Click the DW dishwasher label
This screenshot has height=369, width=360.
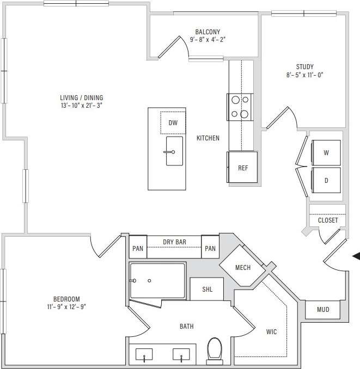[173, 123]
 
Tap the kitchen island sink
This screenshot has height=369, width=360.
[174, 152]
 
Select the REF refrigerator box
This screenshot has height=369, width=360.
[243, 168]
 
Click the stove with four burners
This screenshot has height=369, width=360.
[240, 107]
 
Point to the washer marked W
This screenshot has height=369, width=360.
[326, 153]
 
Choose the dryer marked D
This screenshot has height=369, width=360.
[326, 181]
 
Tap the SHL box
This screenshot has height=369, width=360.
[208, 289]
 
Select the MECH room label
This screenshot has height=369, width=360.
[242, 268]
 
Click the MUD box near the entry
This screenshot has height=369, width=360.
[323, 310]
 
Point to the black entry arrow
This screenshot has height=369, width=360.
[356, 256]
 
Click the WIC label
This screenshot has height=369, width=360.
[271, 331]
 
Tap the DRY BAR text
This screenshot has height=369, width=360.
[174, 242]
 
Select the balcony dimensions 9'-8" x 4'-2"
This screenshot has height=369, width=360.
[208, 40]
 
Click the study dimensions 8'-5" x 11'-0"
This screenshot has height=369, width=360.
[304, 76]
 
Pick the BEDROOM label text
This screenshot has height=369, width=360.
[66, 299]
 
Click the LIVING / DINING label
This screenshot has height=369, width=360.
[82, 98]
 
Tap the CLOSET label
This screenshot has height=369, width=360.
[328, 220]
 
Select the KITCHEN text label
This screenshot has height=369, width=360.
[208, 138]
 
